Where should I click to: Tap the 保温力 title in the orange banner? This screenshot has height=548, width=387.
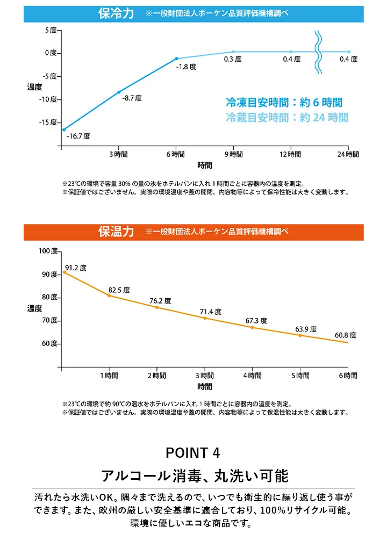(116, 232)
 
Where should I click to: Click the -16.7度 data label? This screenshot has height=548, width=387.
(78, 136)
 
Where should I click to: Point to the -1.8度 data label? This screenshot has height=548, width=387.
(186, 67)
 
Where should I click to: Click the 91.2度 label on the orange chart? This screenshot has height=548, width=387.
(76, 268)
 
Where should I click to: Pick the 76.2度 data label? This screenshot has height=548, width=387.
(160, 301)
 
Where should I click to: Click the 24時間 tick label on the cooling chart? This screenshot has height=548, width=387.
(348, 154)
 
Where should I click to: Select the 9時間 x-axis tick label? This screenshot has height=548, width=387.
(233, 154)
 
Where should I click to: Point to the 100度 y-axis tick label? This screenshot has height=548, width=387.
(48, 251)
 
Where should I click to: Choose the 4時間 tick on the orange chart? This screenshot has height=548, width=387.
(252, 376)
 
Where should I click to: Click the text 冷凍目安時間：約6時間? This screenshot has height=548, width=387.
(284, 103)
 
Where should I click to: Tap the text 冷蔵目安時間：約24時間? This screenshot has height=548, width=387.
(287, 118)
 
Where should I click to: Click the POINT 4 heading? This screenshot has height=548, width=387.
(193, 452)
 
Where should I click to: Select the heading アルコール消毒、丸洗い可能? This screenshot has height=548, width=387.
(194, 475)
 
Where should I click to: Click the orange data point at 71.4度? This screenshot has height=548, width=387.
(204, 318)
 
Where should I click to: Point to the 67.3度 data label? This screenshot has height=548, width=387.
(256, 321)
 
